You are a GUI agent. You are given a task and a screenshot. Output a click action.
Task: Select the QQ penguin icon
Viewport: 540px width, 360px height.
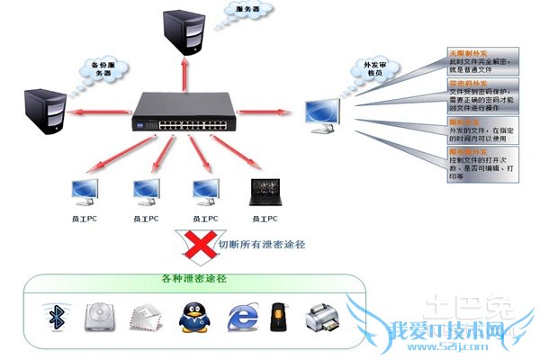(x=192, y=318)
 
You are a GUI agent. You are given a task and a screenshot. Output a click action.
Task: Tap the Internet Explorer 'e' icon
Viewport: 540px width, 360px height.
(x=239, y=317)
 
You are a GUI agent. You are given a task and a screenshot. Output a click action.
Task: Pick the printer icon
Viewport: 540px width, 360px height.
(x=322, y=317)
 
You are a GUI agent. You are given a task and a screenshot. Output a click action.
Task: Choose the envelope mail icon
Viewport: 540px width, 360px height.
(x=146, y=318)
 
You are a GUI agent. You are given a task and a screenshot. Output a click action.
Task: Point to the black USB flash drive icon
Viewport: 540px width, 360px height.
(x=279, y=317)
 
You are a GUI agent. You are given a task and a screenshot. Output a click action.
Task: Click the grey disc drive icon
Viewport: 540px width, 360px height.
(x=101, y=317)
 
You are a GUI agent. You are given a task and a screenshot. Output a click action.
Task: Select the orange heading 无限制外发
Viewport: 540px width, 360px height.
(x=466, y=54)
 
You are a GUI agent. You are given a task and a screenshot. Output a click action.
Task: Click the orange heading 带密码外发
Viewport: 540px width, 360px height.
(x=466, y=83)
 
